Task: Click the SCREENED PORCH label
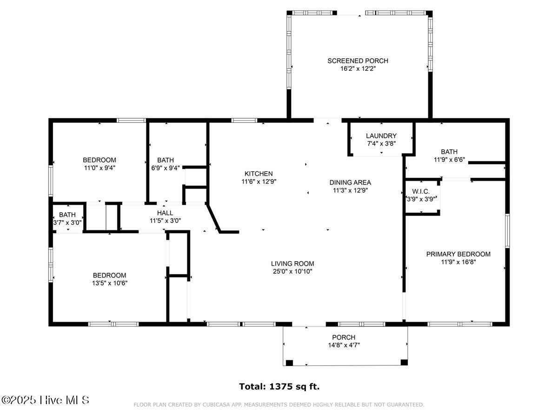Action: point(358,61)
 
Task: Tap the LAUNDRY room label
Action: point(381,136)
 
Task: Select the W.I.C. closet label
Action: point(421,192)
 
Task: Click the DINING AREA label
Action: point(350,182)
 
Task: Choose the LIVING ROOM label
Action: point(293,264)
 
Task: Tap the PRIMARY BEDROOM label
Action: point(458,254)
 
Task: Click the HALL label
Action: point(165,213)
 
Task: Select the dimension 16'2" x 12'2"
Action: point(358,68)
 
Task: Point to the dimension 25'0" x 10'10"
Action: point(293,271)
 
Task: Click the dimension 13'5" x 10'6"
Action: point(109,283)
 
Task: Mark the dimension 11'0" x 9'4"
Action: point(100,168)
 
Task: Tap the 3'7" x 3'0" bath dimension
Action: point(68,223)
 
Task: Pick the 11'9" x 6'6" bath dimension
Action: point(449,159)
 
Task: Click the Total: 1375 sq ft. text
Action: point(279,386)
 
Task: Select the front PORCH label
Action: point(344,338)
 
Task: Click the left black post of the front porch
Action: point(289,362)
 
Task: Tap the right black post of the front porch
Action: point(404,362)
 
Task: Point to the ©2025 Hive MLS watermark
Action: point(45,400)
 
